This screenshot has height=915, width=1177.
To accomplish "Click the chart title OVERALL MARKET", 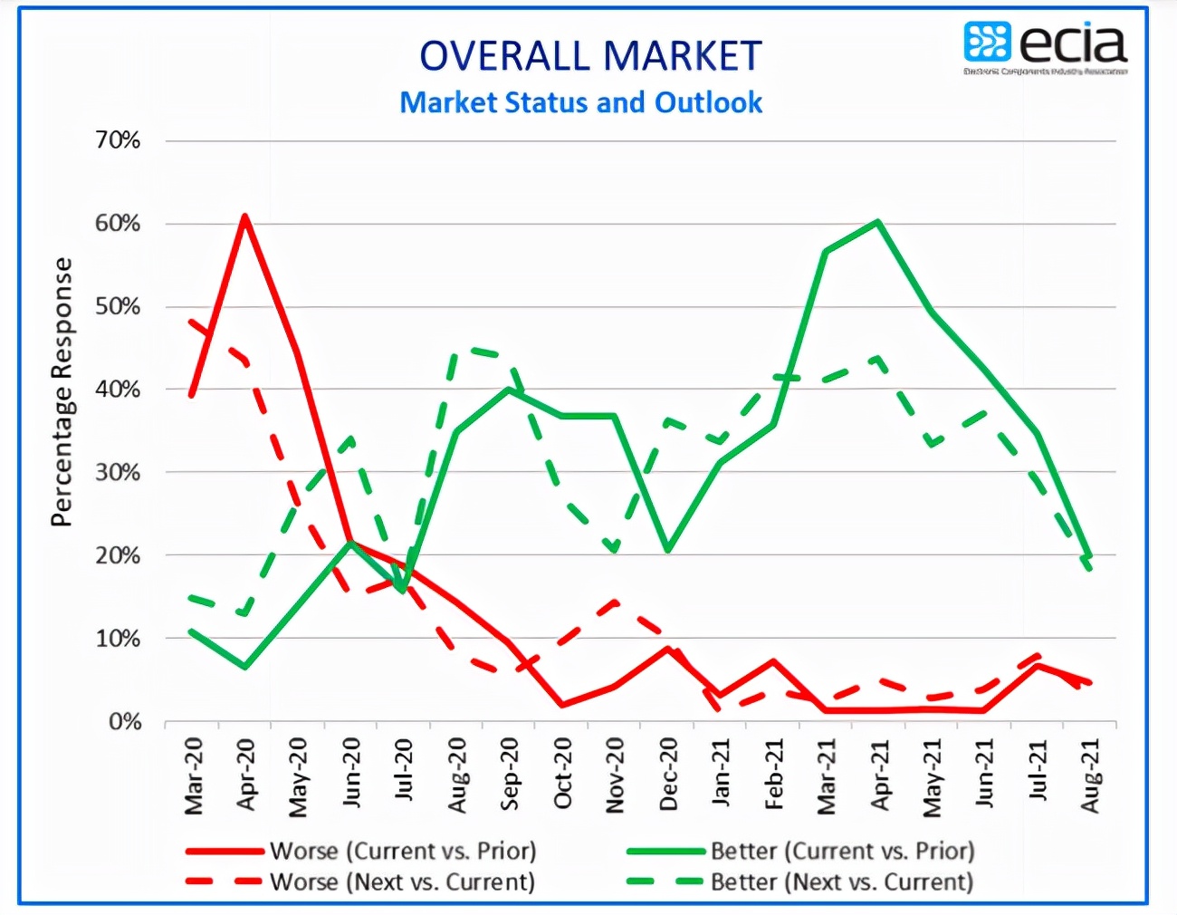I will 590,56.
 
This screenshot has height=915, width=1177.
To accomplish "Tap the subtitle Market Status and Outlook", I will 581,102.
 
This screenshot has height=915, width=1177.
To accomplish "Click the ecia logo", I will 1046,47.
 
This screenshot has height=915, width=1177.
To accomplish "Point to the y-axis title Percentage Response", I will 62,391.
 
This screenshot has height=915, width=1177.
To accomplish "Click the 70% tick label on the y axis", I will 118,140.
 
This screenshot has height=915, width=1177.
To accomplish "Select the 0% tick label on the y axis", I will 125,722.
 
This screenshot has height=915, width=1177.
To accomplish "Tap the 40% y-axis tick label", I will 118,390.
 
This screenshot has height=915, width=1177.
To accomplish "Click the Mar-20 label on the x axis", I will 194,776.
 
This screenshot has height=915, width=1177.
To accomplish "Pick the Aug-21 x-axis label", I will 1090,776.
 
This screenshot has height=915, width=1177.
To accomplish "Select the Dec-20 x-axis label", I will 668,775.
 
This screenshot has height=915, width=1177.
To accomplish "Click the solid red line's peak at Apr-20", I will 244,217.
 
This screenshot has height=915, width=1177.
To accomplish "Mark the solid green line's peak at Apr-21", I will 878,221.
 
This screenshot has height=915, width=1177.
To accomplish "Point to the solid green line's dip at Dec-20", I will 667,550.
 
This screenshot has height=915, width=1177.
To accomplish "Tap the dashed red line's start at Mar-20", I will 192,321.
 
